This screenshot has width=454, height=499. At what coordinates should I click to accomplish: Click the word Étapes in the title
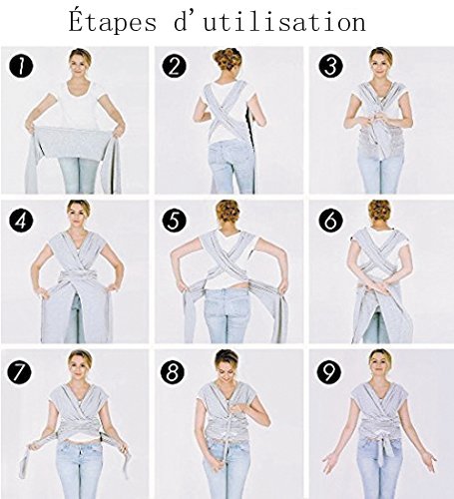[112, 21]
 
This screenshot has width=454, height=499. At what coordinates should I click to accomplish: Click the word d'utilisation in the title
[269, 22]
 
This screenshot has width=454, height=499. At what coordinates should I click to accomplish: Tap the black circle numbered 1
[21, 66]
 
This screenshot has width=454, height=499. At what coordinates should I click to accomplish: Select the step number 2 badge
[174, 66]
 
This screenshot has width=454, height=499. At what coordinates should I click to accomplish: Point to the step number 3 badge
[330, 66]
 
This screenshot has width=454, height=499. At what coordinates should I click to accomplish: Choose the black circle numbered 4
[21, 220]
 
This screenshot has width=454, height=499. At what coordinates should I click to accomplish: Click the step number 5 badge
[174, 220]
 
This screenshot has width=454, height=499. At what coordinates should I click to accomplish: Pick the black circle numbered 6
[330, 220]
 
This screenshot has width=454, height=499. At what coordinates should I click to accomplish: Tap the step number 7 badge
[19, 372]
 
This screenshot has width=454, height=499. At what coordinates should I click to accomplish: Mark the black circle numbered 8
[173, 372]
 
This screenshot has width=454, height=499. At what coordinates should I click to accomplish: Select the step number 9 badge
[328, 372]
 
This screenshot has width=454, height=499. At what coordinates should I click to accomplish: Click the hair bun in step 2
[227, 59]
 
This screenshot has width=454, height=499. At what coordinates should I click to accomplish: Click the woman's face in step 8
[226, 370]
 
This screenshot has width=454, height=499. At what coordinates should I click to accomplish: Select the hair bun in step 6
[379, 211]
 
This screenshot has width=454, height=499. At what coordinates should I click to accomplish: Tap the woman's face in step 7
[79, 367]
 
